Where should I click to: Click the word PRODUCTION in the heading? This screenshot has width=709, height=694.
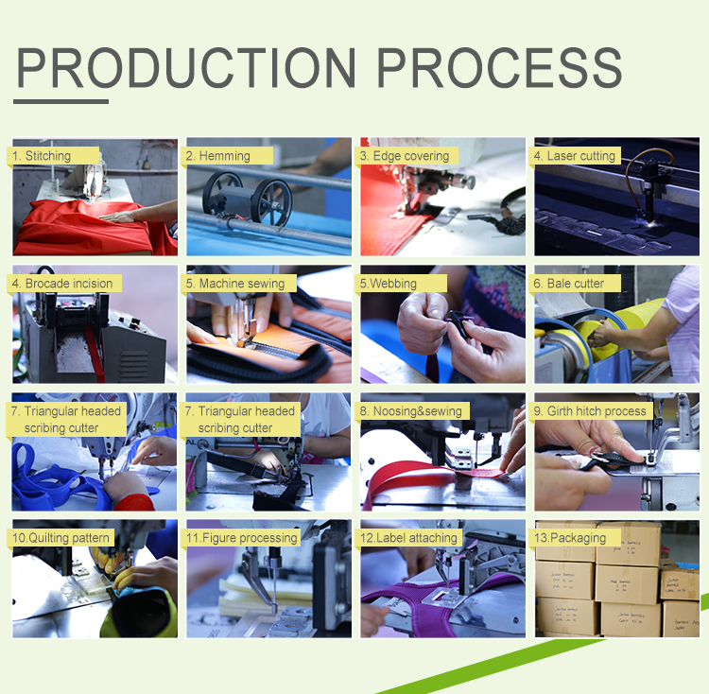coord(187,68)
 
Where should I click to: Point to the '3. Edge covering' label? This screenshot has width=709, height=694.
coord(405,156)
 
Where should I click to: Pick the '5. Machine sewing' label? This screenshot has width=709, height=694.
coord(241,284)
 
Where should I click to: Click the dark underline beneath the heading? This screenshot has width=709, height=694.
coord(62,101)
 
